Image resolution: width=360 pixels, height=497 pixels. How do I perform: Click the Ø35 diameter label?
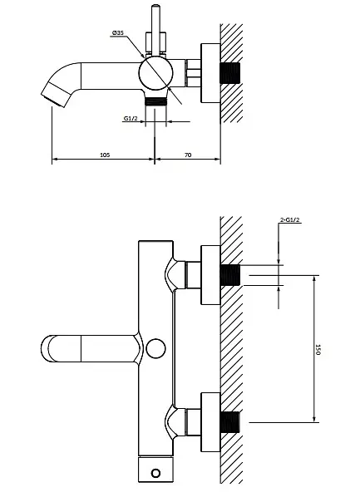coord(117,32)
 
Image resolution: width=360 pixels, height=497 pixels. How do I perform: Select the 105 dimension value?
coord(105,155)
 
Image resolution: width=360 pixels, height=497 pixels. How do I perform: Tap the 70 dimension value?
coord(188,155)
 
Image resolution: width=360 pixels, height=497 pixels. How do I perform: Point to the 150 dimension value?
coord(318,349)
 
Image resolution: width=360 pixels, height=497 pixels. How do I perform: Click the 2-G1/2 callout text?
coord(290,219)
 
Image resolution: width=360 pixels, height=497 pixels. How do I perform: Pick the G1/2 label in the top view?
coord(131,119)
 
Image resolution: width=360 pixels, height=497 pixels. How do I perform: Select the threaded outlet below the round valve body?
coord(155,101)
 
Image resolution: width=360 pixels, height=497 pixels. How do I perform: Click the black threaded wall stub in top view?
coord(230,73)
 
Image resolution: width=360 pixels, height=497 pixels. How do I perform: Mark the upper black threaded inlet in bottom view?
coord(230,275)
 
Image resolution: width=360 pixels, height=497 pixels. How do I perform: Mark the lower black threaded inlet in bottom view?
coord(230,422)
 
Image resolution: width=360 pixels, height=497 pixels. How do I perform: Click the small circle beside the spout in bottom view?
coord(155,348)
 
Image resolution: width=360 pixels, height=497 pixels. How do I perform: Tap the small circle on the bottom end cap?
coord(155,474)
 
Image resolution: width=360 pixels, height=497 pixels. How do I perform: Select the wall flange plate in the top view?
coord(210,73)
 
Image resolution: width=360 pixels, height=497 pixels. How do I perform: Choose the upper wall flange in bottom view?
coord(210,275)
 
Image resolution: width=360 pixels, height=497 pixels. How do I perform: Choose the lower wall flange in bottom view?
coord(210,422)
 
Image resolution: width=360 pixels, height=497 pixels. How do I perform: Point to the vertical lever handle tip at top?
coord(155,6)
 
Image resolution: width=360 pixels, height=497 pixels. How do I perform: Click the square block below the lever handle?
coord(155,42)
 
